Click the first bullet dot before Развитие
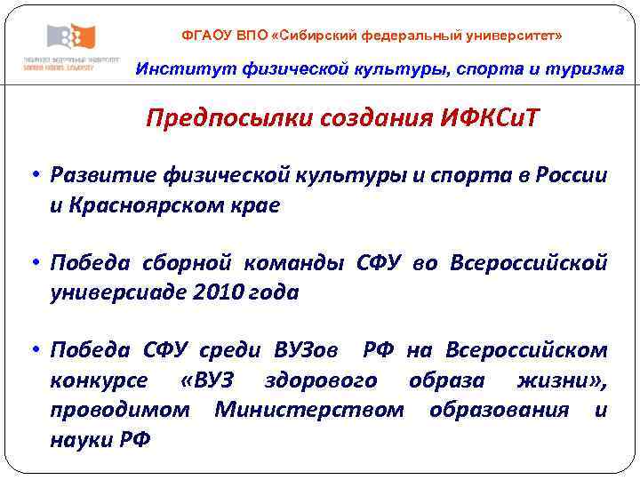[x=31, y=175]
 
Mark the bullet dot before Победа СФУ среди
[x=31, y=350]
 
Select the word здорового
[x=321, y=380]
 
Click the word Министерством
[x=309, y=410]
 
